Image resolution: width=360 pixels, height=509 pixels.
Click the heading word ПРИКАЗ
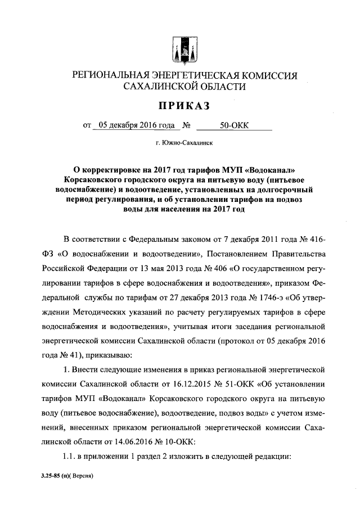coord(179,105)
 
